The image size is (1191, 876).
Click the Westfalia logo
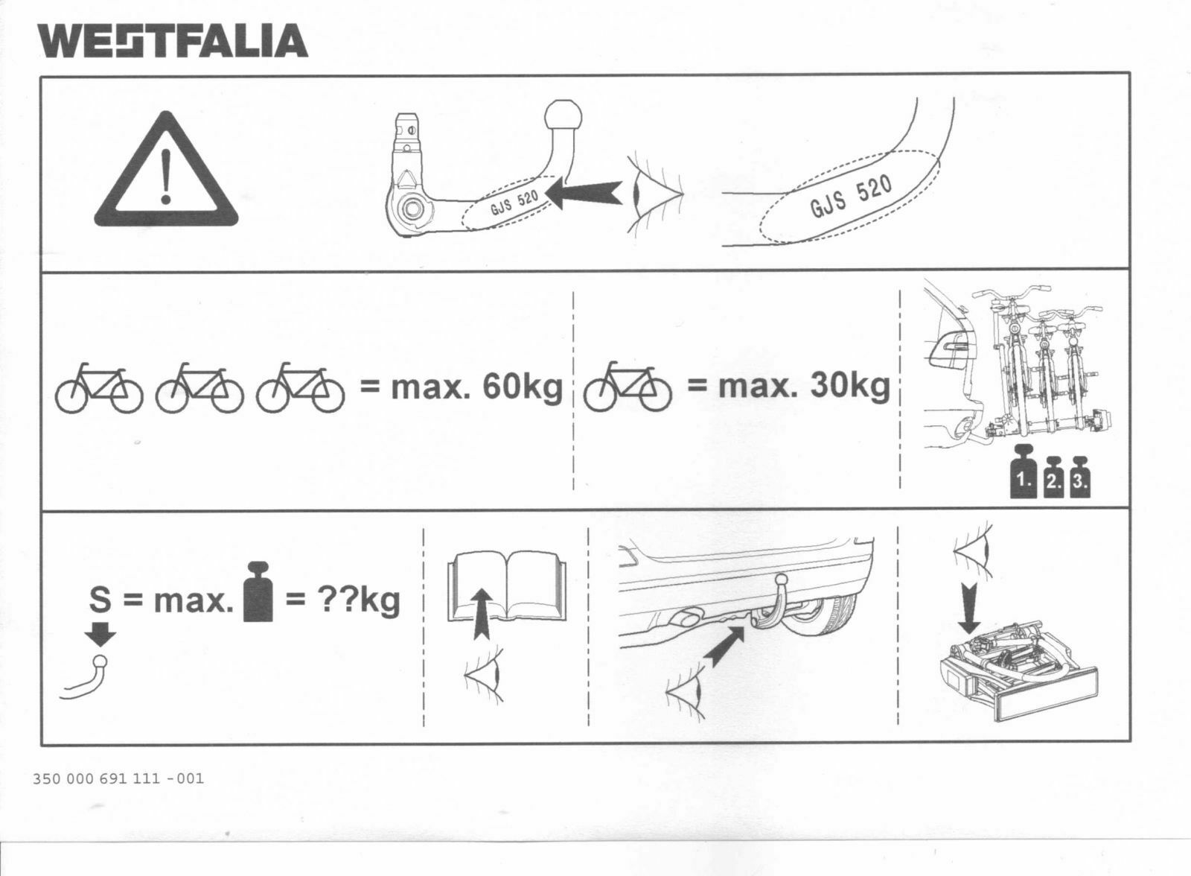coord(173,41)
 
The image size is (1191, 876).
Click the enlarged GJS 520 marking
coord(852,197)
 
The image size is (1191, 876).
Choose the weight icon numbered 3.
coord(1079,480)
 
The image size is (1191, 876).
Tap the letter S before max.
coord(100,600)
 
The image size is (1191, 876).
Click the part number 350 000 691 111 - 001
coord(118,779)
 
